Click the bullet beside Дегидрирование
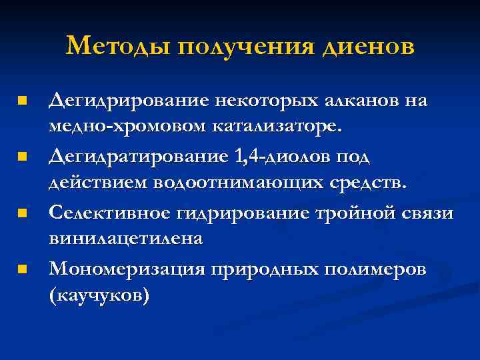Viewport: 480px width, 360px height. point(23,101)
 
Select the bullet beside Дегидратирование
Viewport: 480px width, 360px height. point(23,157)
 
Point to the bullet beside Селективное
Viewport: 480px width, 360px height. point(23,213)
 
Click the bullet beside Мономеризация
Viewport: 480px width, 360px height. point(23,269)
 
